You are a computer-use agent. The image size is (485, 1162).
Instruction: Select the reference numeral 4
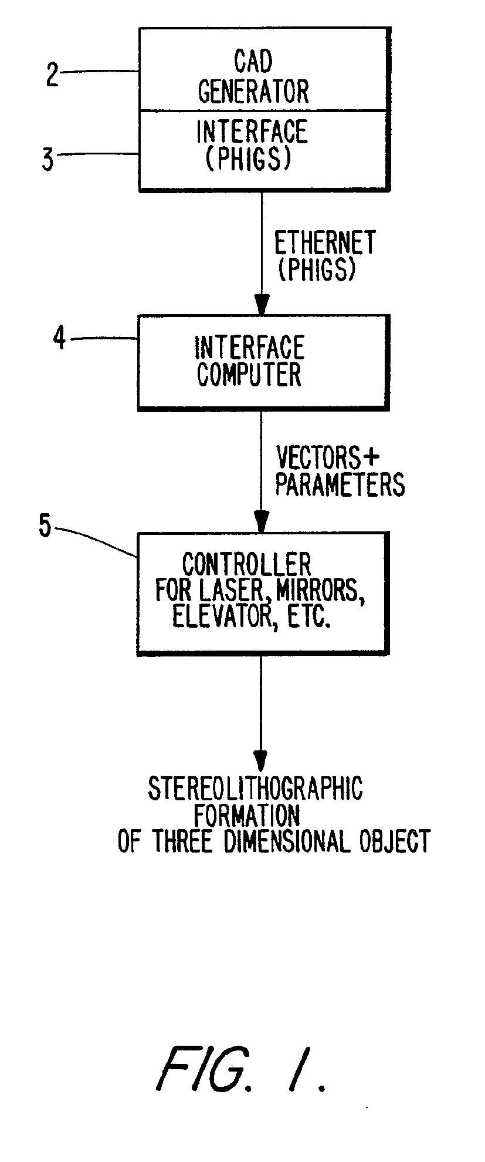[59, 339]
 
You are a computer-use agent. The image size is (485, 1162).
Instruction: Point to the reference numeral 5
[45, 526]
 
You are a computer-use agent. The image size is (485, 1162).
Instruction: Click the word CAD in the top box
[253, 62]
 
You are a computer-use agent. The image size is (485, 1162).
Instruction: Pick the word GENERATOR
[253, 92]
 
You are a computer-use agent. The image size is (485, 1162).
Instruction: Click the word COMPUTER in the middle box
[249, 375]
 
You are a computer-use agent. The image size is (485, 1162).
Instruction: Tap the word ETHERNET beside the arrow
[325, 243]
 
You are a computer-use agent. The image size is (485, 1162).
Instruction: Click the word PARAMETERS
[340, 485]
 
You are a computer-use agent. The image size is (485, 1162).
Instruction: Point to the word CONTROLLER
[246, 565]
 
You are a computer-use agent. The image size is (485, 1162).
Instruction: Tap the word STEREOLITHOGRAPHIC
[255, 789]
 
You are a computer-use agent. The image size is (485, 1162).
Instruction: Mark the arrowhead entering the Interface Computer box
[262, 305]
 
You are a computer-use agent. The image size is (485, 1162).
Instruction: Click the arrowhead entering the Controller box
[262, 521]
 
